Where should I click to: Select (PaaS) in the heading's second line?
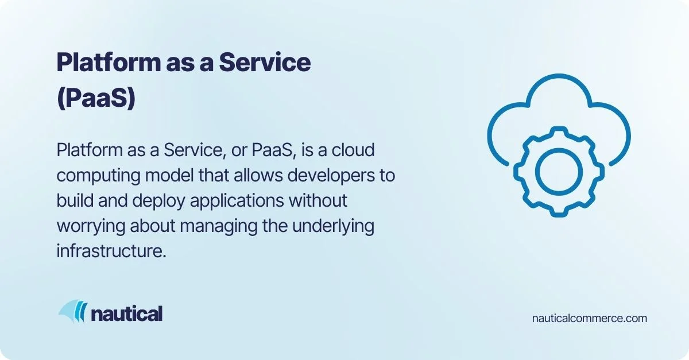coord(96,98)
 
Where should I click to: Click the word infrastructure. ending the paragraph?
coord(111,251)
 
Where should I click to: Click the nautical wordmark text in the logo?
coord(127,313)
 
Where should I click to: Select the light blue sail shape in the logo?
coord(68,310)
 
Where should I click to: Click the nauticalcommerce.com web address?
coord(590,318)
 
